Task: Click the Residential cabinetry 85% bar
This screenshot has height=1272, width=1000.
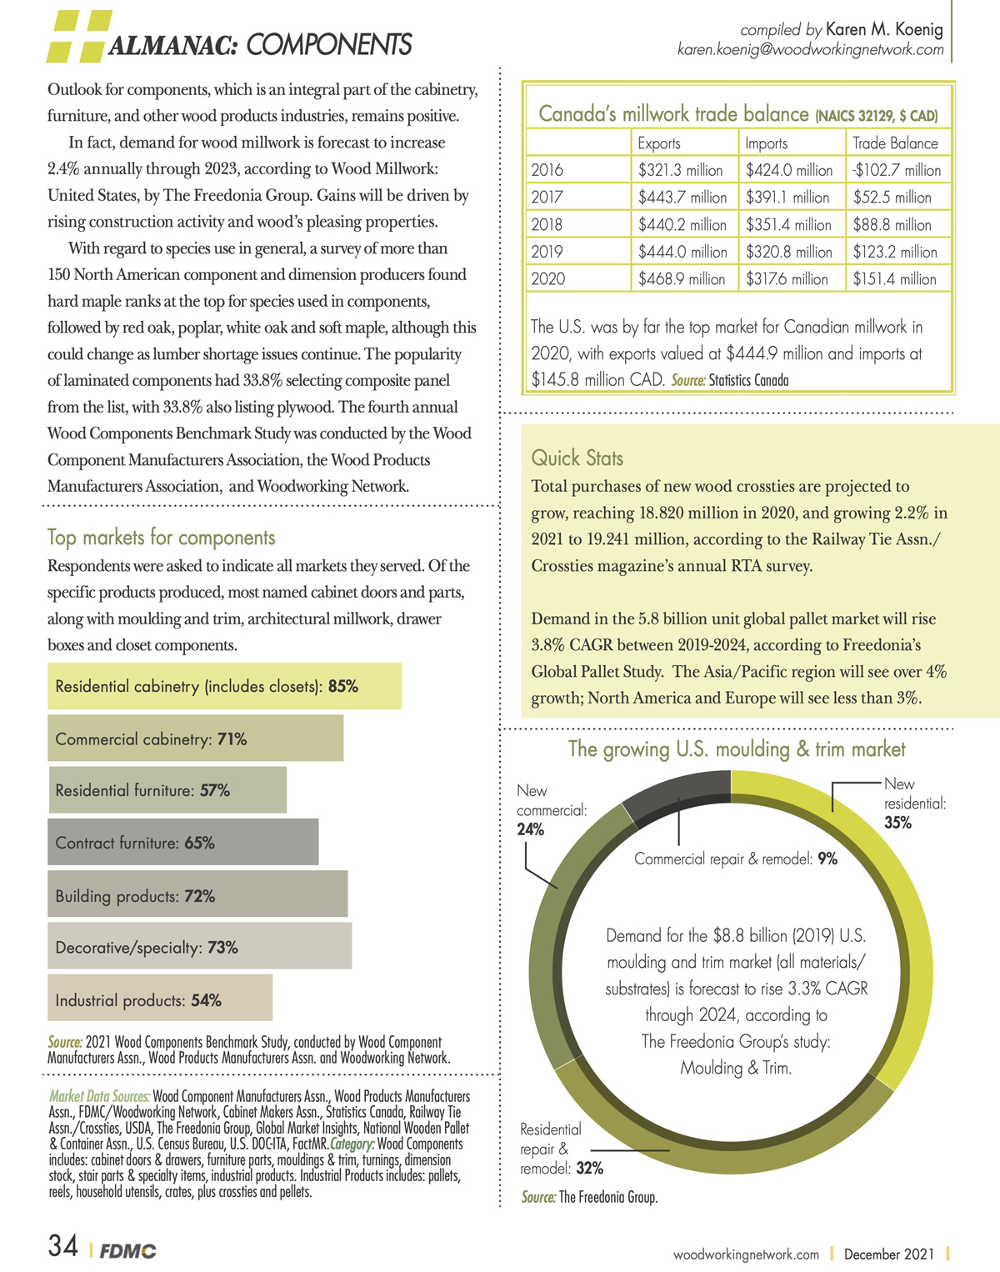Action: pyautogui.click(x=225, y=686)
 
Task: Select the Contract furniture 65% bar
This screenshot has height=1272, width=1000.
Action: pyautogui.click(x=183, y=842)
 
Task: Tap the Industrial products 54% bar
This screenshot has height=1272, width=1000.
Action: pyautogui.click(x=160, y=998)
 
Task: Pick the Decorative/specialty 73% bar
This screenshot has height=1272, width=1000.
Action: pyautogui.click(x=200, y=946)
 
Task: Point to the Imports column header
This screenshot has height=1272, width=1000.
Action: pyautogui.click(x=766, y=143)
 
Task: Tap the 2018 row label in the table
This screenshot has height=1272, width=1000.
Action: pyautogui.click(x=547, y=224)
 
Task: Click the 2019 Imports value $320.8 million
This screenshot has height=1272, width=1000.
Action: pyautogui.click(x=788, y=252)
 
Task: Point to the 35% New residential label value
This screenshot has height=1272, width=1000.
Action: pyautogui.click(x=897, y=823)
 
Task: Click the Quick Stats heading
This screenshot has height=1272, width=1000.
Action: pyautogui.click(x=577, y=458)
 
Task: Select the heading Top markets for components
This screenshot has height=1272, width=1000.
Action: pyautogui.click(x=162, y=538)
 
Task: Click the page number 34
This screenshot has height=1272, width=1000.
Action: pyautogui.click(x=62, y=1246)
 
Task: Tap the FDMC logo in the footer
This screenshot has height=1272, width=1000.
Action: pyautogui.click(x=127, y=1250)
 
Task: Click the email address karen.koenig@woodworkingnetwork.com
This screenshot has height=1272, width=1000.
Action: pyautogui.click(x=810, y=50)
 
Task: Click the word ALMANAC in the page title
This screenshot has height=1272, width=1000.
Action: pyautogui.click(x=172, y=45)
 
